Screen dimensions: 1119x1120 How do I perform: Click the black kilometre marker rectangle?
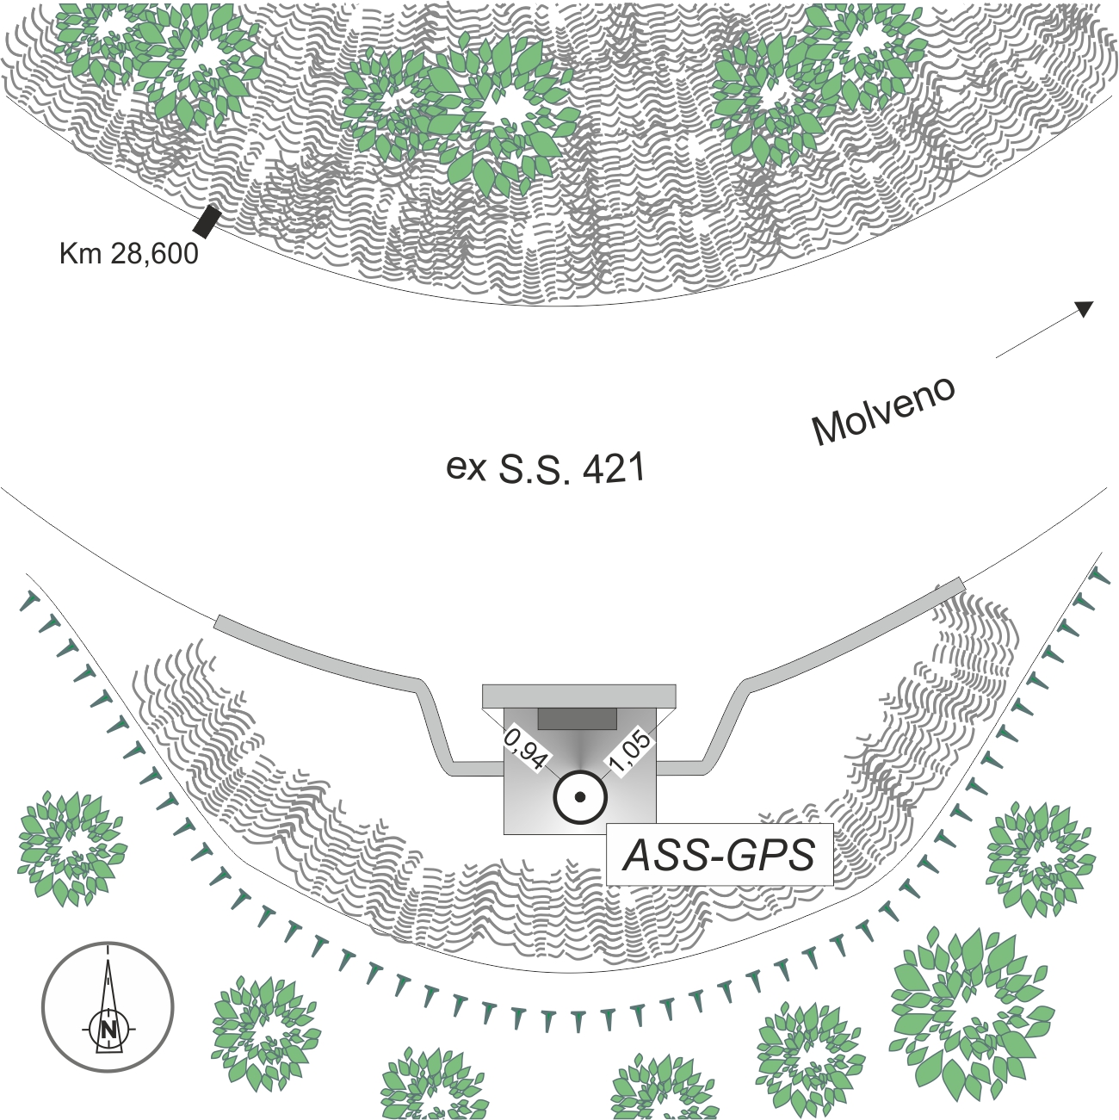(x=207, y=221)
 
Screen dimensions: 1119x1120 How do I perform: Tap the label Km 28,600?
(x=129, y=254)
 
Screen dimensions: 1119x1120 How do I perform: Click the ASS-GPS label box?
(x=720, y=854)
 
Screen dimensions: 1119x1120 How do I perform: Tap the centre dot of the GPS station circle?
(x=579, y=797)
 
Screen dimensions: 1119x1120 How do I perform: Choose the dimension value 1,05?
(x=631, y=752)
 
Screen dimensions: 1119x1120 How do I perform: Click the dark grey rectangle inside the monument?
(x=578, y=718)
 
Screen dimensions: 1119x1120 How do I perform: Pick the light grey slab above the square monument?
(x=579, y=696)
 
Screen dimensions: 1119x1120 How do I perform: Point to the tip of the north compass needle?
(x=108, y=960)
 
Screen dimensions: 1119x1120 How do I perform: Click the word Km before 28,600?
(x=80, y=253)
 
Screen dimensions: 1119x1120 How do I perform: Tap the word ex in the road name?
(x=466, y=468)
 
